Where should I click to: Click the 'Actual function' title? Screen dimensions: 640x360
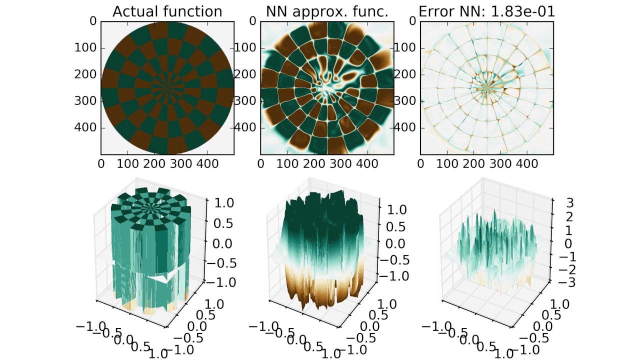[167, 11]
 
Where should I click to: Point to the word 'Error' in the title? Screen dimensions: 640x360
[433, 11]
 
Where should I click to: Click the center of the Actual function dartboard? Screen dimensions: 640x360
[167, 88]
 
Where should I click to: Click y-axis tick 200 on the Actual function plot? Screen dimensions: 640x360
[85, 74]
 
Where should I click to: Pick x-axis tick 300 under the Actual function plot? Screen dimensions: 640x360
[181, 164]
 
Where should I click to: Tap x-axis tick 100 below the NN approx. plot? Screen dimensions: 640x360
[287, 164]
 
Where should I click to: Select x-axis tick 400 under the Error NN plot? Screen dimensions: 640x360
[527, 164]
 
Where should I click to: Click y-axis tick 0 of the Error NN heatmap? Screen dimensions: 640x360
[412, 21]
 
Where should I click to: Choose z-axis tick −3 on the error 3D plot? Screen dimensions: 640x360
[567, 282]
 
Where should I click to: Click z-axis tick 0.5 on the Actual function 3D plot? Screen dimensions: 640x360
[223, 223]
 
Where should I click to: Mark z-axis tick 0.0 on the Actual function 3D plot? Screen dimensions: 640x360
[222, 244]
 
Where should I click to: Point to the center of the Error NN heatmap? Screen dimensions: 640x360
[487, 88]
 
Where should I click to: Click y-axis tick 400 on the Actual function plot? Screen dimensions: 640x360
[85, 127]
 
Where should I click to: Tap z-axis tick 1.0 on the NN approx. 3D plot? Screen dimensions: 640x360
[397, 210]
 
